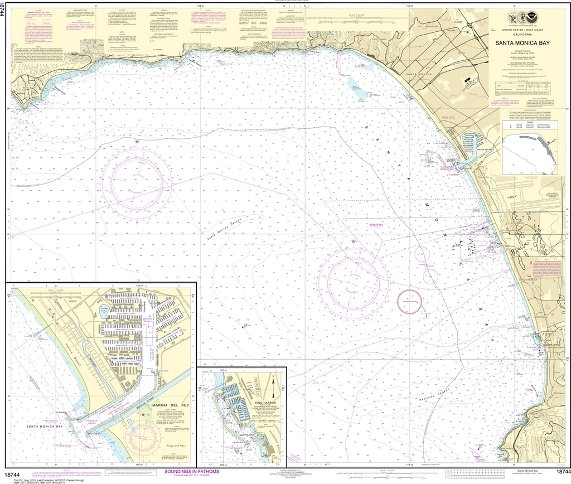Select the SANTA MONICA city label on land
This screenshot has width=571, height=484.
coord(419,75)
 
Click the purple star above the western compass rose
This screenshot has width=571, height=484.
coord(137,142)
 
